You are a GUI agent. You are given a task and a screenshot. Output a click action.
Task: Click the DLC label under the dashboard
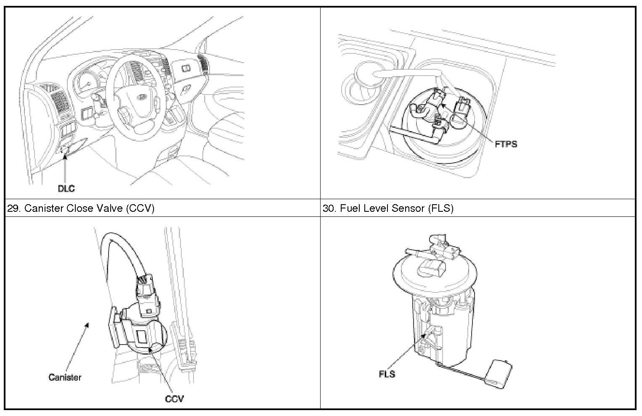tap(66, 189)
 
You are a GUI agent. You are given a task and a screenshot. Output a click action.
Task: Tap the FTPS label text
tap(506, 144)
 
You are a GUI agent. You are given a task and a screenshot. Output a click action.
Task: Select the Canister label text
tap(65, 377)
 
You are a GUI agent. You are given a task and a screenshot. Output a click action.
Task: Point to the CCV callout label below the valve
tap(174, 398)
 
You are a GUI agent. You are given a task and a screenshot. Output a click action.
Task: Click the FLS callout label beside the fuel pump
tap(387, 374)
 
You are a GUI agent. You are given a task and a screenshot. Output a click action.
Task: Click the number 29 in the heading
tap(13, 208)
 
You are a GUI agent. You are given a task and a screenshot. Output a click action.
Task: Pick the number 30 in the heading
tap(329, 208)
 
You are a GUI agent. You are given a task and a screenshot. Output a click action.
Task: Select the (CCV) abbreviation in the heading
tap(140, 208)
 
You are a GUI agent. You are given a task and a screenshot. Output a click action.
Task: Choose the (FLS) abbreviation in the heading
tap(440, 208)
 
